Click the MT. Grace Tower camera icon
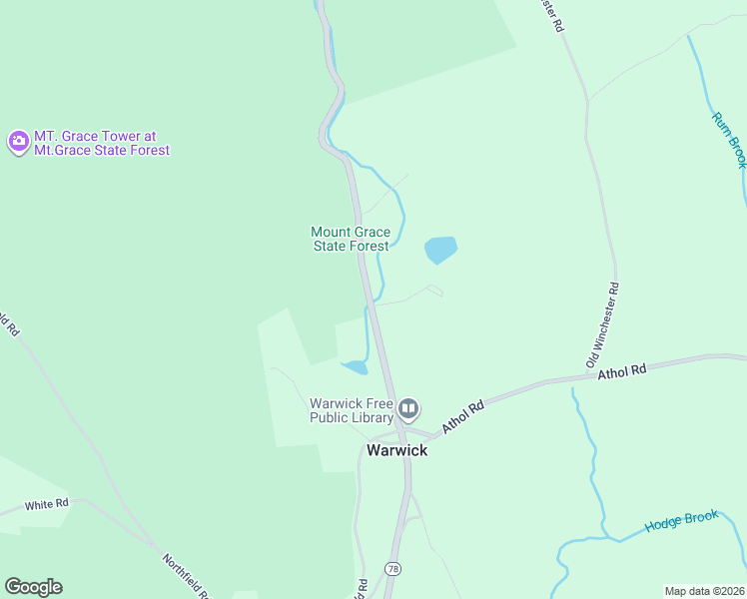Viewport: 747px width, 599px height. [x=18, y=142]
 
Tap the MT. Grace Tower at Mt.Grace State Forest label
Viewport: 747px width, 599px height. [x=102, y=143]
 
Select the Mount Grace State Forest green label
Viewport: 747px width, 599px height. [x=351, y=239]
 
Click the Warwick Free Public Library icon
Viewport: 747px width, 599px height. [x=408, y=408]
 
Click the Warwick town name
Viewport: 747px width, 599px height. [x=396, y=450]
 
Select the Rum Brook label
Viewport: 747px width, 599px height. [x=729, y=139]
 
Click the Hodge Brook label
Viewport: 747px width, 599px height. [x=681, y=521]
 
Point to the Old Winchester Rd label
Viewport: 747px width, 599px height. [x=603, y=323]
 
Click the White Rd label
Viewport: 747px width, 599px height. [x=47, y=505]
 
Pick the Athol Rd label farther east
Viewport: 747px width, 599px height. [x=622, y=371]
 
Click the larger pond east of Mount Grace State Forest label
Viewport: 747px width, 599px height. [x=440, y=249]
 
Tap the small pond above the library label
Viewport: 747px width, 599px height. [x=355, y=366]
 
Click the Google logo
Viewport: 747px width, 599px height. [x=33, y=587]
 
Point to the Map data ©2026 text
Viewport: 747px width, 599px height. [x=704, y=591]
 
